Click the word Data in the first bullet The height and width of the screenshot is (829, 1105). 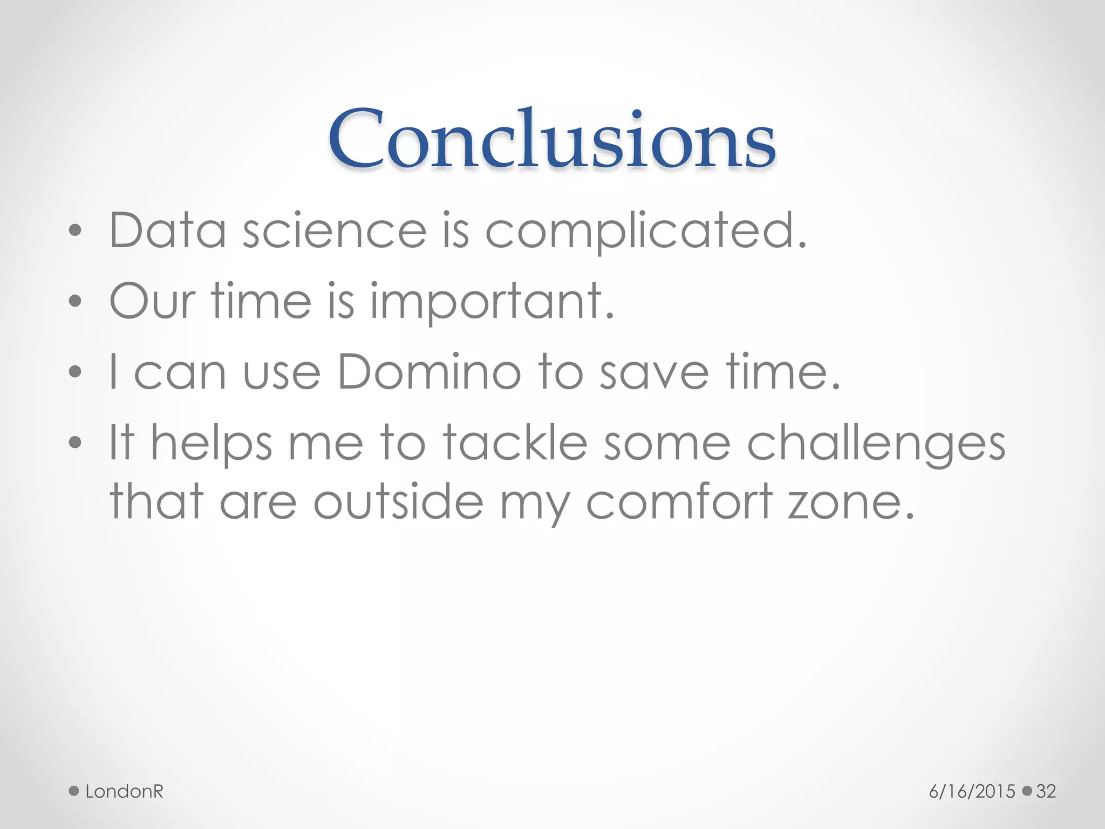(x=167, y=230)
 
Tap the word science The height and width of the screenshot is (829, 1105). (x=335, y=230)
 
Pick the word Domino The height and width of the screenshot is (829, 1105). (x=429, y=372)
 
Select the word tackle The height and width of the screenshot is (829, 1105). (x=515, y=443)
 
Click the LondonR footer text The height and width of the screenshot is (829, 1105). (x=124, y=791)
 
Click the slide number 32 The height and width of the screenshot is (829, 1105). (x=1046, y=791)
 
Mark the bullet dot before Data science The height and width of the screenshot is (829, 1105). (x=76, y=231)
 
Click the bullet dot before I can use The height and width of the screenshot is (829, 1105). (x=76, y=372)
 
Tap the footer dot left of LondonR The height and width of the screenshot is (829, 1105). (x=74, y=791)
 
